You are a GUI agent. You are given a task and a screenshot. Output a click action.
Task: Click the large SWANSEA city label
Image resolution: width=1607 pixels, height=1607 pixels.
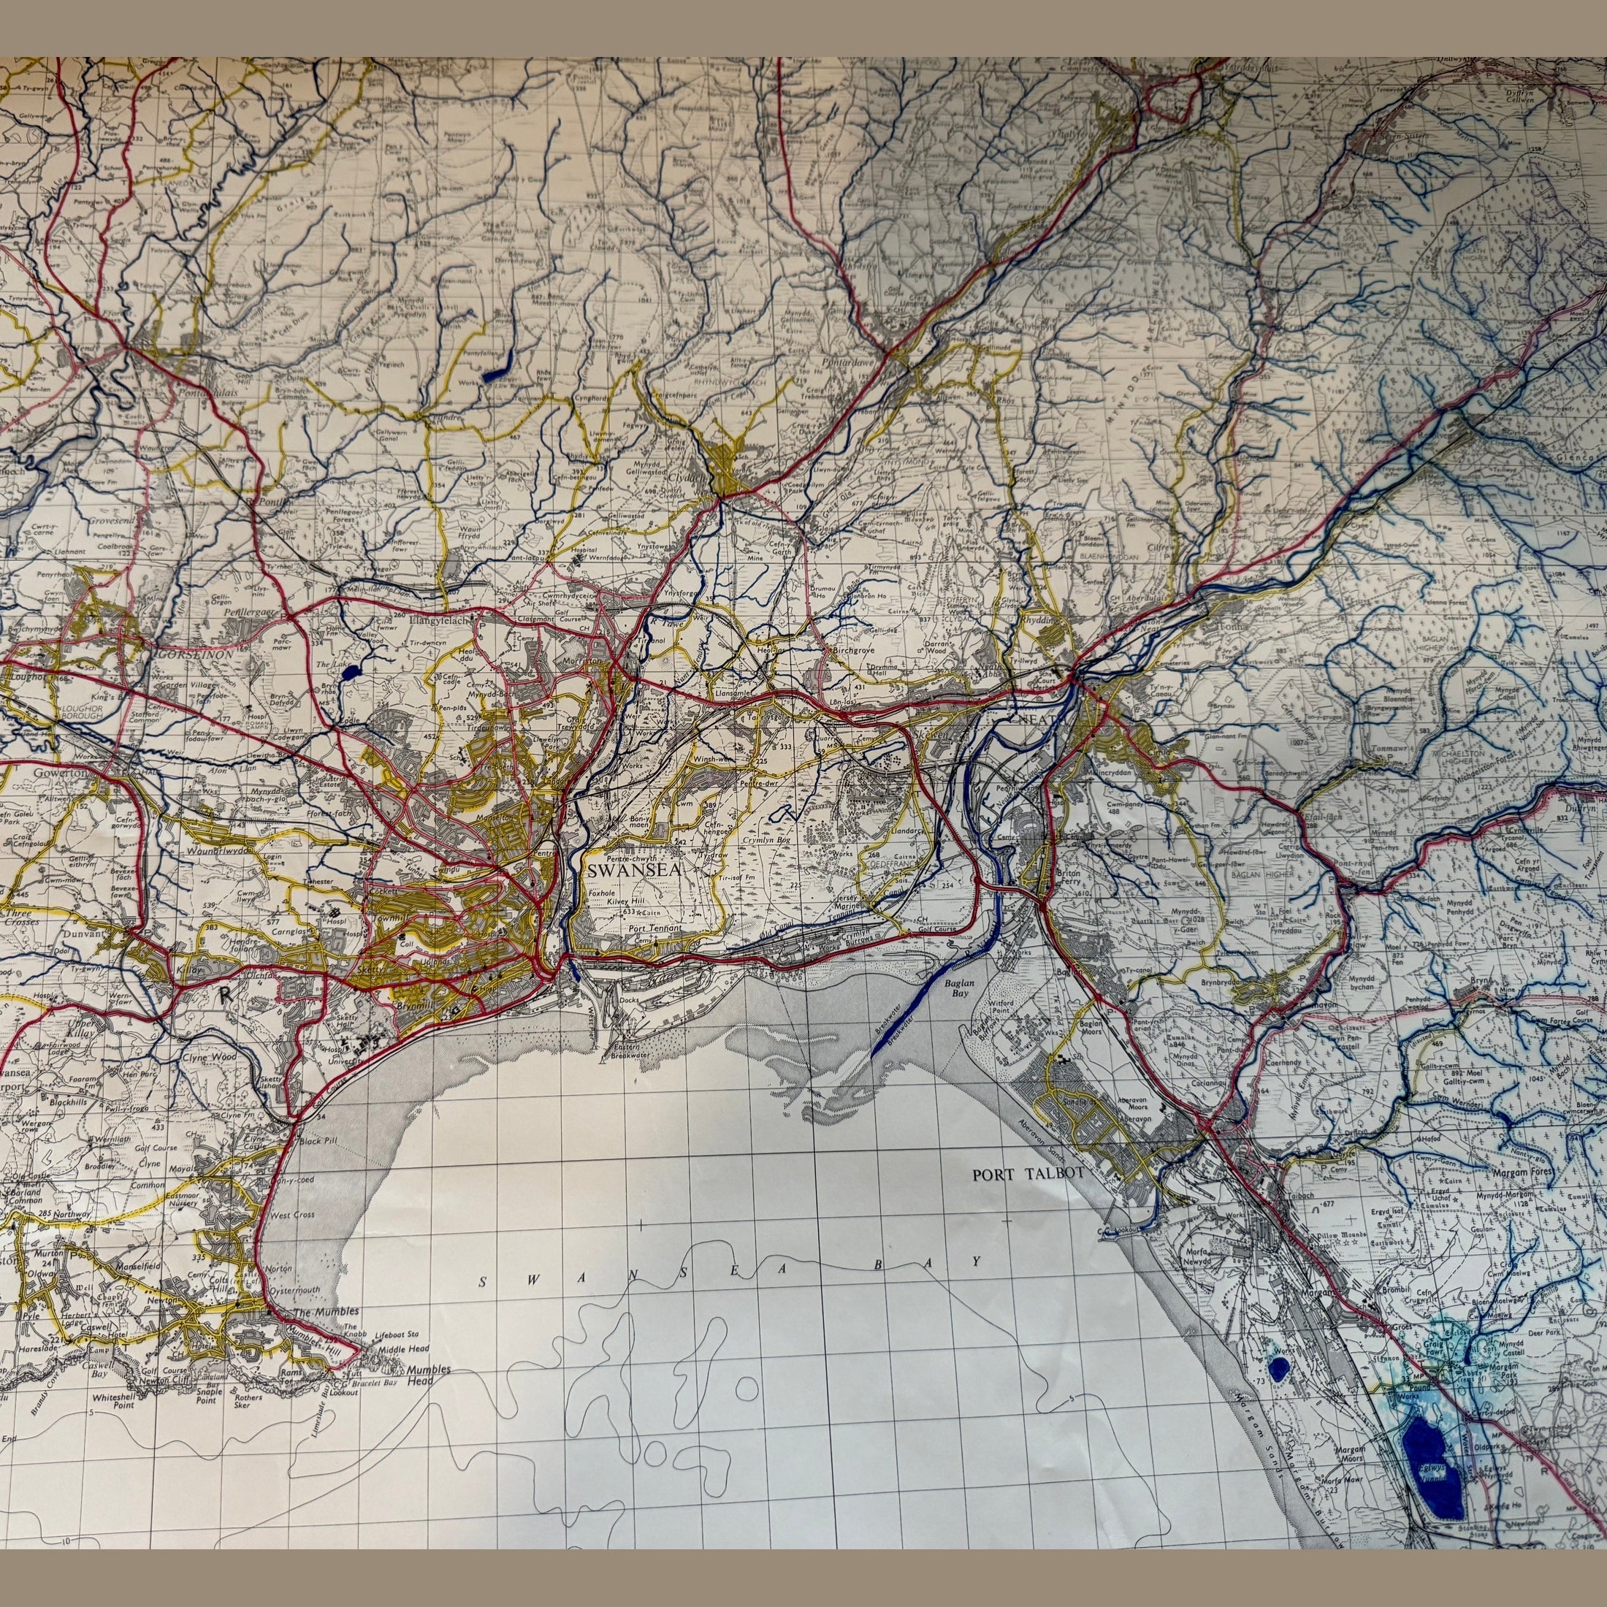pos(634,871)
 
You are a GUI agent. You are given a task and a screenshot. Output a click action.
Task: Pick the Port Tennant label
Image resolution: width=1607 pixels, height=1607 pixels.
pos(655,928)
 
